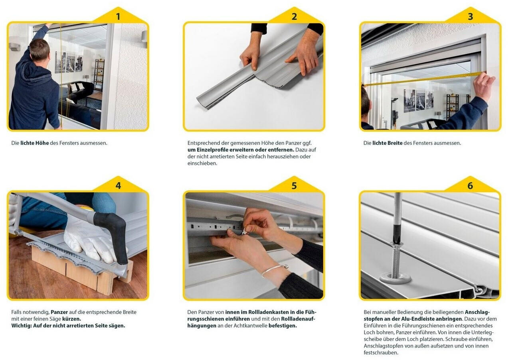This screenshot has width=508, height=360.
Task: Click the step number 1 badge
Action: pyautogui.click(x=118, y=16)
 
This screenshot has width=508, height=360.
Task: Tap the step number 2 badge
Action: pyautogui.click(x=294, y=16)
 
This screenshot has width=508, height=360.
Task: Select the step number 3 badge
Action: pyautogui.click(x=470, y=16)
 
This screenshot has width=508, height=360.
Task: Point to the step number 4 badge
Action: pyautogui.click(x=118, y=186)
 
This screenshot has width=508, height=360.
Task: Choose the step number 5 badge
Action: pyautogui.click(x=294, y=186)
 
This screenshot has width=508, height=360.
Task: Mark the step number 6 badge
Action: pyautogui.click(x=470, y=186)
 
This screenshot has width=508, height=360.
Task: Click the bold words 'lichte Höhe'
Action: pyautogui.click(x=34, y=143)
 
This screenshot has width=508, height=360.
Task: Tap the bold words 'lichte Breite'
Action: pyautogui.click(x=387, y=143)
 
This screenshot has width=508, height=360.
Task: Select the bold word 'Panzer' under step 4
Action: pyautogui.click(x=59, y=312)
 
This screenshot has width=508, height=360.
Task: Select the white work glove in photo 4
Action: pyautogui.click(x=89, y=240)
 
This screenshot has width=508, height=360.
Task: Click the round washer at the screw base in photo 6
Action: pyautogui.click(x=395, y=277)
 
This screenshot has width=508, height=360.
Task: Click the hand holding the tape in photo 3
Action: pyautogui.click(x=483, y=86)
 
